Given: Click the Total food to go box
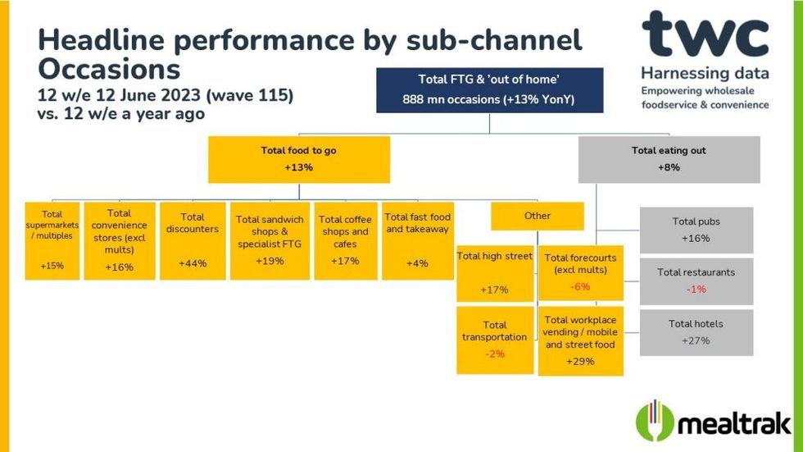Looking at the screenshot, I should coord(298,159).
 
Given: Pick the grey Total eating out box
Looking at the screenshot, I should coord(669,159).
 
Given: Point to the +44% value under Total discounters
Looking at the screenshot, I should coord(192,263).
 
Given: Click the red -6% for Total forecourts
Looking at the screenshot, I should coord(580,287).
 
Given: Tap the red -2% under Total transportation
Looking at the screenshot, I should coord(495,354).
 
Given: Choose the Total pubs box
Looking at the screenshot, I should coord(696,230).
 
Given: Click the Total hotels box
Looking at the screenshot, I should coord(696,332).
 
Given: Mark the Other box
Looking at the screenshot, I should coord(538,217).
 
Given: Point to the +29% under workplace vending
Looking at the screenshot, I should coord(580,361).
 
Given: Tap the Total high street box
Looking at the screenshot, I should coord(494,273).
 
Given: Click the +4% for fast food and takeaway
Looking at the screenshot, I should coord(417,263).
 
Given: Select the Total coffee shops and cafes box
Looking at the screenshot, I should coord(345,240).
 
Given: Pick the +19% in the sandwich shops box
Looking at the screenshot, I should coord(270,261).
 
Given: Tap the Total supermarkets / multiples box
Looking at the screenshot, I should coord(52,240).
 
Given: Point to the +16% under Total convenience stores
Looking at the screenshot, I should coord(119,267).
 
